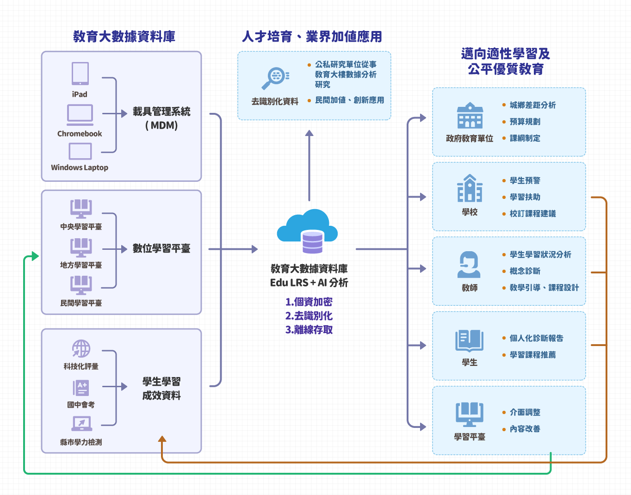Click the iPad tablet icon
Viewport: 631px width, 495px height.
(80, 74)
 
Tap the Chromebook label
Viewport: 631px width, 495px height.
(80, 134)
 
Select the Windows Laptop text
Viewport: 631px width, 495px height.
(80, 167)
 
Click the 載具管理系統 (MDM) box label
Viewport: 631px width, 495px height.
(161, 118)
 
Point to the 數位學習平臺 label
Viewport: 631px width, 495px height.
(161, 248)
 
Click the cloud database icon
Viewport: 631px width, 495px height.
(308, 231)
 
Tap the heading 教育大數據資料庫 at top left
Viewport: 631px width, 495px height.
(124, 37)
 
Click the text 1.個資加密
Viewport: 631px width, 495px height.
(309, 302)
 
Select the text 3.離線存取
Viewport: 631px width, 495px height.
(309, 330)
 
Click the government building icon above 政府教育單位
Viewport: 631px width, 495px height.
(470, 115)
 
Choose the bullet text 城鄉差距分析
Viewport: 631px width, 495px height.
(532, 105)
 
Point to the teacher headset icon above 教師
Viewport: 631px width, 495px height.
(470, 265)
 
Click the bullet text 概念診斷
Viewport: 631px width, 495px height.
(525, 271)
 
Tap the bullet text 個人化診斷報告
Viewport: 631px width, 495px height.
(536, 338)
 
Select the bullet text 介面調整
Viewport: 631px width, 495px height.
(525, 412)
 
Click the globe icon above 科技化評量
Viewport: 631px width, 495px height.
(81, 349)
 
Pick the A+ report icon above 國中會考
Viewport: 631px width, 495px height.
(81, 388)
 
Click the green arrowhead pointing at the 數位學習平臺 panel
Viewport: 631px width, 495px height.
(35, 256)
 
